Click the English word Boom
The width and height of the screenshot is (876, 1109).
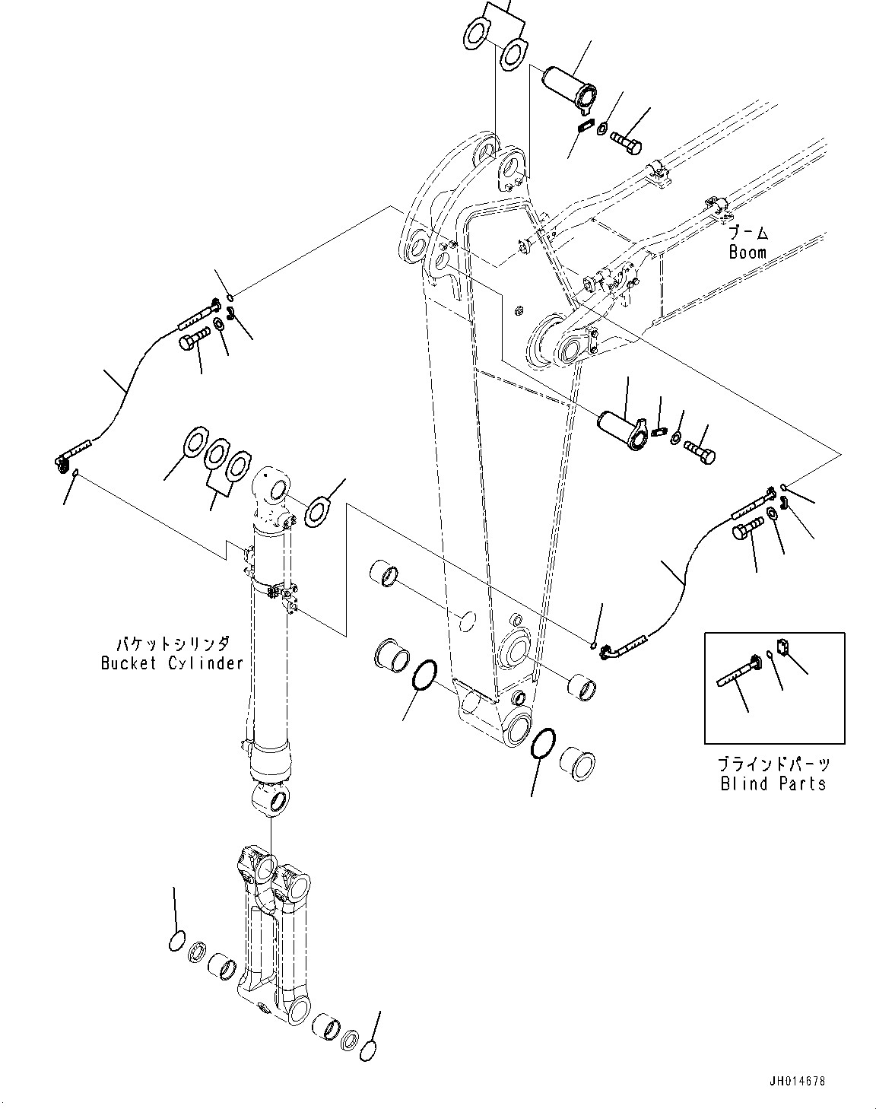tap(747, 253)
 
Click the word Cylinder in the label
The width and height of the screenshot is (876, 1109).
tap(205, 663)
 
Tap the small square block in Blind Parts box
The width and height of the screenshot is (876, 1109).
tap(783, 647)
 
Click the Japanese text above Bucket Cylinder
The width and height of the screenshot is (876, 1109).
tap(173, 644)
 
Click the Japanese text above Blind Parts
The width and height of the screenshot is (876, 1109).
tap(774, 764)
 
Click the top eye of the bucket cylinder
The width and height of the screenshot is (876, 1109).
tap(271, 490)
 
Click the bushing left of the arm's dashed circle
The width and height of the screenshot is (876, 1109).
tap(384, 574)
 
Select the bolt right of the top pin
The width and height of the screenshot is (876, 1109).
tap(626, 141)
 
